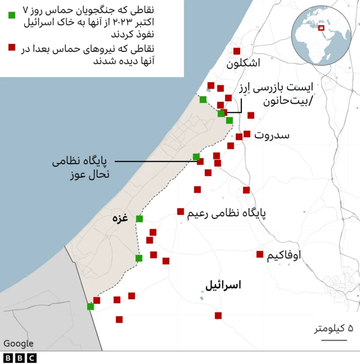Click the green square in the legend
click(x=12, y=14)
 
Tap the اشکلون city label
click(x=243, y=64)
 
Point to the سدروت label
click(x=272, y=136)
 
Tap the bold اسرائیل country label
click(x=223, y=285)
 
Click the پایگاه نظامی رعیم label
click(x=225, y=213)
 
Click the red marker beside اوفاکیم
click(x=260, y=254)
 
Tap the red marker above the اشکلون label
click(x=237, y=51)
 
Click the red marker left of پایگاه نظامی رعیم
click(x=181, y=212)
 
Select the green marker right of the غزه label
click(x=139, y=219)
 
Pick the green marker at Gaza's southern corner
click(x=91, y=307)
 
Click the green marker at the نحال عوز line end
click(x=196, y=156)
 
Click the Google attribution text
click(x=19, y=343)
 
